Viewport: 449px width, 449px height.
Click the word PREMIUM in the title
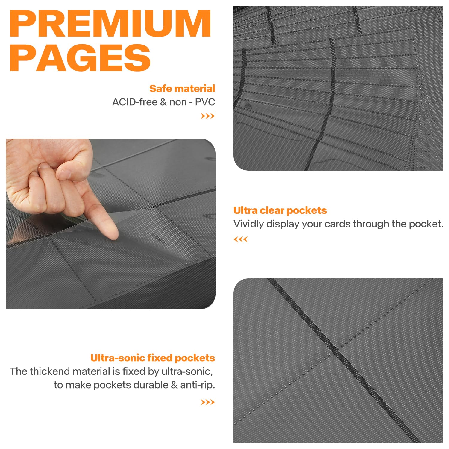click(x=110, y=24)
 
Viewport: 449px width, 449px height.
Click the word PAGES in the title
click(x=80, y=58)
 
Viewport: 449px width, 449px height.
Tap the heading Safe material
click(x=182, y=89)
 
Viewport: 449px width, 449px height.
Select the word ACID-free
click(x=135, y=102)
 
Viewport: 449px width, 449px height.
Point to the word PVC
click(x=205, y=102)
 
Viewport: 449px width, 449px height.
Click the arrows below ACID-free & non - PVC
click(x=208, y=116)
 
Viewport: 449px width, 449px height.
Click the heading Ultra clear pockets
click(x=280, y=210)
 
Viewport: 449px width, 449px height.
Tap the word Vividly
click(x=248, y=224)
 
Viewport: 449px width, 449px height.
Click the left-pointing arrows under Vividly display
click(x=241, y=239)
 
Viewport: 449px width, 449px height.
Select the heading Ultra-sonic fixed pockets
click(x=153, y=358)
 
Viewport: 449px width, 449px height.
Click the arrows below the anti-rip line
click(x=208, y=402)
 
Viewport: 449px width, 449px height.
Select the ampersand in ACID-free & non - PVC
click(x=163, y=102)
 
